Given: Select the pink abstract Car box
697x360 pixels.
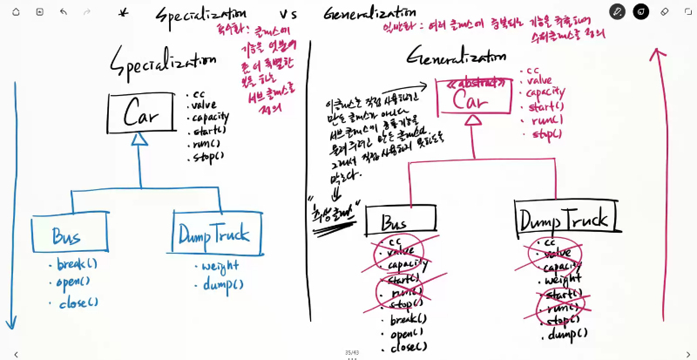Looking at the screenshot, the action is point(470,96).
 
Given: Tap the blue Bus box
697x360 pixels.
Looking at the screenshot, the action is point(70,234).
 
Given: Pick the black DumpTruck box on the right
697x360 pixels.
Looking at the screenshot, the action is point(566,217).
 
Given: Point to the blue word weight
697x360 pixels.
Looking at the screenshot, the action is point(220,268).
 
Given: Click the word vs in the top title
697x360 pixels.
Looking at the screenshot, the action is point(288,15).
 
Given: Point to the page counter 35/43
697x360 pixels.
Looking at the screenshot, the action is point(351,352).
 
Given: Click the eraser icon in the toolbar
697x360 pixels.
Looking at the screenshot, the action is point(665,12).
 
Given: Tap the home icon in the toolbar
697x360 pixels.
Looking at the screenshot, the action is point(16,12).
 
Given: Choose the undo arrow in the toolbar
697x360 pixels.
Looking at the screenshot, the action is point(63,12).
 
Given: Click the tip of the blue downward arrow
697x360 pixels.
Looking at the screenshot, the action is point(11,328).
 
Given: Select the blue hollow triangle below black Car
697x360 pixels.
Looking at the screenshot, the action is point(140,138).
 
